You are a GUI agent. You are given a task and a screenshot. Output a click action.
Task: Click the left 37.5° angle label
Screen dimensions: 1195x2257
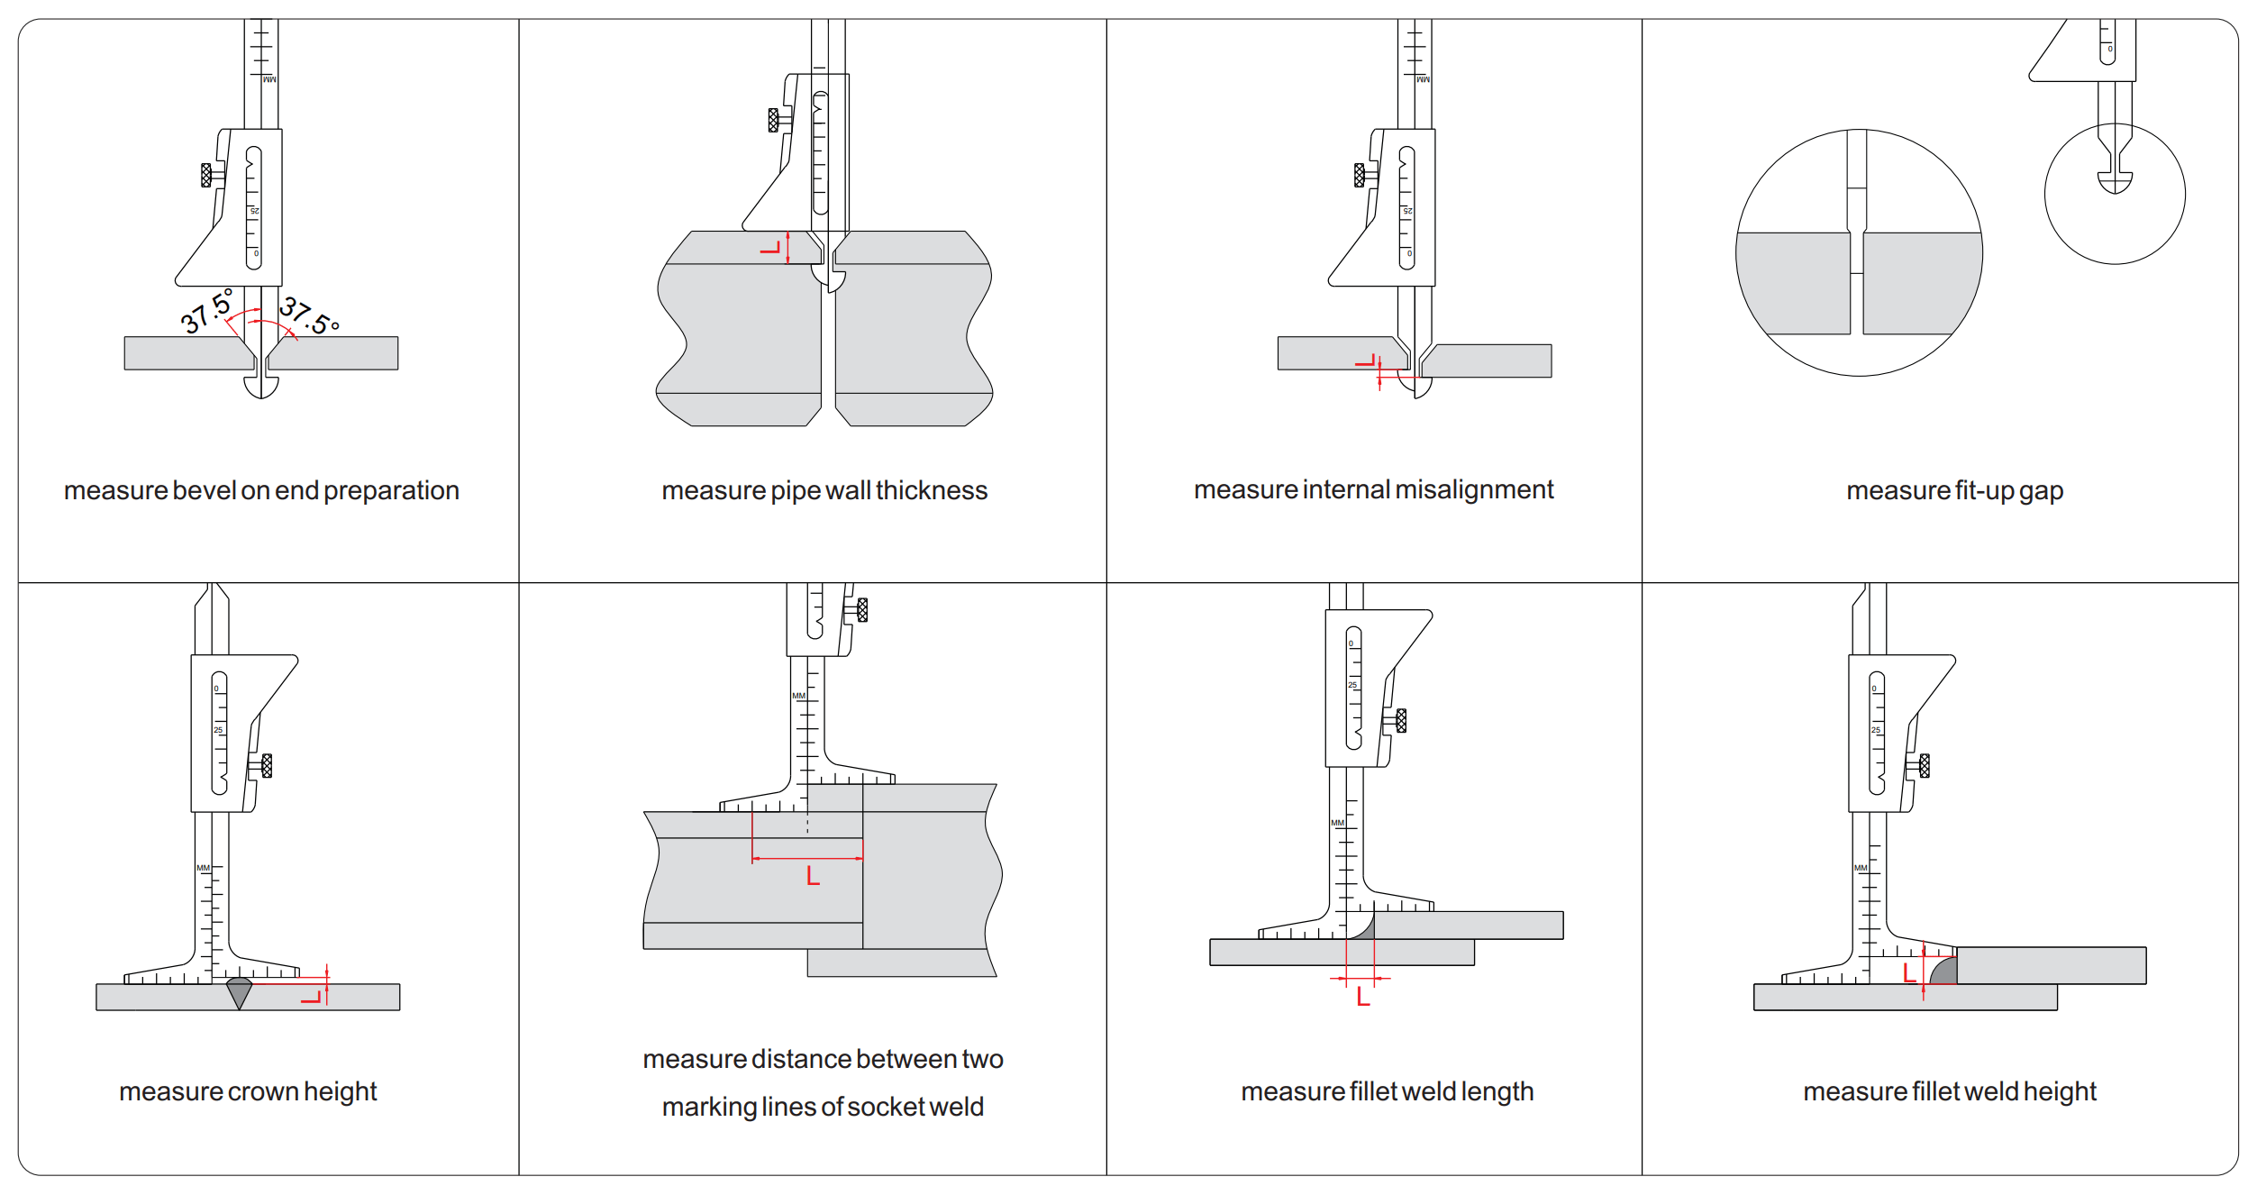(207, 311)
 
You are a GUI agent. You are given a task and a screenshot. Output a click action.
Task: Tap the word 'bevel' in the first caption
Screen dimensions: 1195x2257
(204, 490)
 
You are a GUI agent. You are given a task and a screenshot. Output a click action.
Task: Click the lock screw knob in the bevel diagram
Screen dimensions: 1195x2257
(206, 175)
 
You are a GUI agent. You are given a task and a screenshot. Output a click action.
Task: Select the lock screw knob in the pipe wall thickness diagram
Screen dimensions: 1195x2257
(773, 120)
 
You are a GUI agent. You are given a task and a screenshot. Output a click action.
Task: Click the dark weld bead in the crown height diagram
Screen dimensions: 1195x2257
(239, 990)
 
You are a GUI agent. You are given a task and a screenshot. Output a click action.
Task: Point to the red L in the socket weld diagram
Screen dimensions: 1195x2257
(813, 876)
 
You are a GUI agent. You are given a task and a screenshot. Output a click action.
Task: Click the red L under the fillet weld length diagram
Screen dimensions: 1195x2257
(1363, 997)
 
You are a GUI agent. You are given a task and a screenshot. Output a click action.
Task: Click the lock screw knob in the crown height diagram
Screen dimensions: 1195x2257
(266, 765)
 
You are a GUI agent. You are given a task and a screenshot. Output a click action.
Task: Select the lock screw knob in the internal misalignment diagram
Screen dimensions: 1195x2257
(1359, 175)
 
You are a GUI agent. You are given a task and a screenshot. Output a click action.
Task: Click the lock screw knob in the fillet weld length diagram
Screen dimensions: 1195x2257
(1400, 720)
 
